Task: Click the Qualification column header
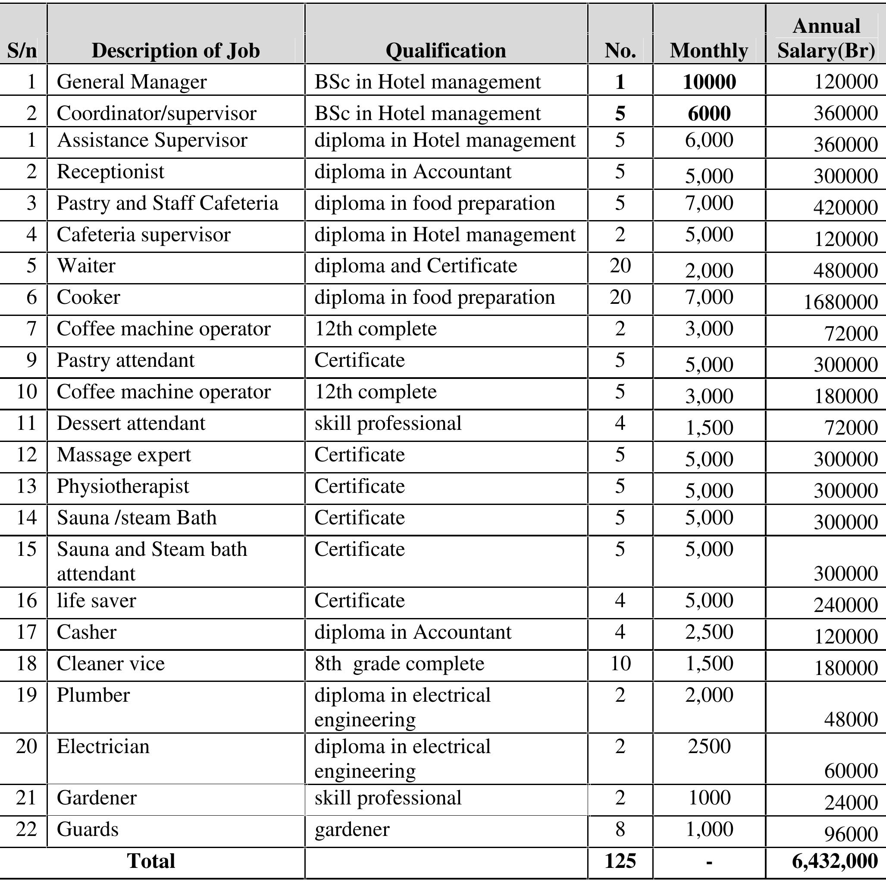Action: pos(445,50)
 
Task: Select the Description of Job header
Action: pos(175,50)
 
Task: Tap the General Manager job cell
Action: pos(131,82)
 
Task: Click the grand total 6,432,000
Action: pos(835,861)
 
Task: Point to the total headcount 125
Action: pos(620,861)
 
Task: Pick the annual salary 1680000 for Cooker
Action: pos(840,302)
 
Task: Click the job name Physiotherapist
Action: pos(123,486)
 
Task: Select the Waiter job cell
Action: pos(86,266)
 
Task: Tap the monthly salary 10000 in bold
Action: pos(709,82)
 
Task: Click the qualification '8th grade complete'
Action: pos(399,664)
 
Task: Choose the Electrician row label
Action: pos(103,747)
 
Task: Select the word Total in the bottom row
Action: pos(151,861)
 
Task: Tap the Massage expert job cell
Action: pos(124,455)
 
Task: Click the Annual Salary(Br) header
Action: pos(826,38)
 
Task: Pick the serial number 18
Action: pos(27,664)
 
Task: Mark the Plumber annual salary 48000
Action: pos(851,719)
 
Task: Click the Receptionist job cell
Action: pos(110,172)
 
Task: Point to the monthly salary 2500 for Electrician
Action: pos(709,746)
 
